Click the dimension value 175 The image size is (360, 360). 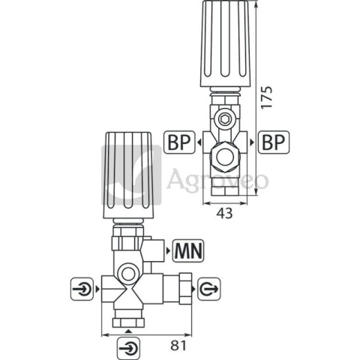pos(267,97)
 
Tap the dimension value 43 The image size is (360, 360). pos(224,214)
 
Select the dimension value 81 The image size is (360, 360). pos(178,346)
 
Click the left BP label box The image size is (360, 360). pos(179,142)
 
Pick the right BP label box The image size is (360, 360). pos(274,142)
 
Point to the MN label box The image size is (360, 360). pos(188,250)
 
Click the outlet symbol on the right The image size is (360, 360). pos(209,289)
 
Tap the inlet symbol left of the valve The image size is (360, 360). pos(82,289)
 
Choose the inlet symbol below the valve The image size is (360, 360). pos(128,348)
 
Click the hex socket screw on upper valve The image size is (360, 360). pos(224,118)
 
